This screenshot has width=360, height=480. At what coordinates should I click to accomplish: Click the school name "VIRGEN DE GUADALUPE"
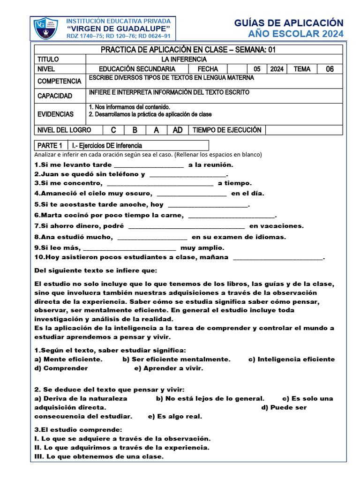click(119, 29)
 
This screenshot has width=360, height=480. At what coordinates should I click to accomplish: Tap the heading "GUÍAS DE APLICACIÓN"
click(288, 23)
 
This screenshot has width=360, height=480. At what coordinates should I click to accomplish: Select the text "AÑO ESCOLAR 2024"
click(295, 34)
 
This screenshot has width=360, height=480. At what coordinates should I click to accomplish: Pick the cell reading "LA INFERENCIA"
click(184, 60)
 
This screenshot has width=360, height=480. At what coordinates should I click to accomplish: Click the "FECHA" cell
click(208, 69)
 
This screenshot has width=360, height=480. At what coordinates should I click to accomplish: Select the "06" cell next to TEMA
click(330, 69)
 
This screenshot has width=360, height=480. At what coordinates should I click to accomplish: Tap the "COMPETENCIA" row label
click(59, 81)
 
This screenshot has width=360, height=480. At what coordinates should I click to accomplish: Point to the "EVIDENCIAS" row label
click(56, 114)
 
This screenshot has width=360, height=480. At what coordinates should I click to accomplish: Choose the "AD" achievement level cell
click(178, 130)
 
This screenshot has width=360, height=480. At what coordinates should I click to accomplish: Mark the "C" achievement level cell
click(113, 130)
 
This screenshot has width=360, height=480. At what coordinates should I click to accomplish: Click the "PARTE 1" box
click(51, 145)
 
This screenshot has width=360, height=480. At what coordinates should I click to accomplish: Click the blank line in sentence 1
click(149, 165)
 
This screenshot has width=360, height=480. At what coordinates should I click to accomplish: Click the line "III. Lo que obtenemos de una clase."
click(99, 457)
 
